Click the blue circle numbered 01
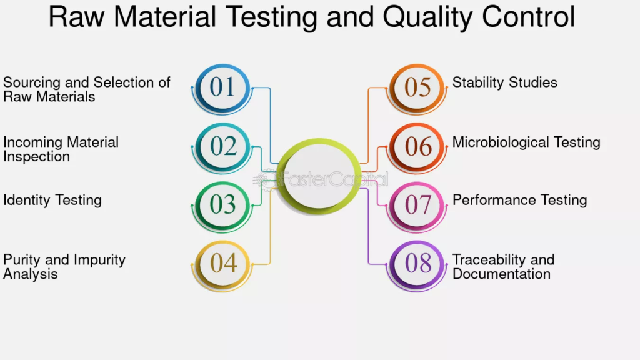(x=222, y=87)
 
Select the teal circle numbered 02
(x=222, y=146)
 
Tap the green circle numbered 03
(x=222, y=205)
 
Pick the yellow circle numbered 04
(x=222, y=264)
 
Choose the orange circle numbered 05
(x=417, y=87)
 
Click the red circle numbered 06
(x=417, y=146)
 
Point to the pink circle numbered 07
(x=417, y=205)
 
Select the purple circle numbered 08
(x=417, y=264)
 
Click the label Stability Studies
(x=504, y=82)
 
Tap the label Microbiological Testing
(x=526, y=142)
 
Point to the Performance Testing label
(x=519, y=201)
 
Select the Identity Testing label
(x=52, y=201)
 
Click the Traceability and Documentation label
(x=503, y=266)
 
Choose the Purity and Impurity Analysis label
(x=64, y=266)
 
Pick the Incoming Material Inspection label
(x=61, y=149)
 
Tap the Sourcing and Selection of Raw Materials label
(x=86, y=89)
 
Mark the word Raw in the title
(x=76, y=17)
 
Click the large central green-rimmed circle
(x=319, y=176)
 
